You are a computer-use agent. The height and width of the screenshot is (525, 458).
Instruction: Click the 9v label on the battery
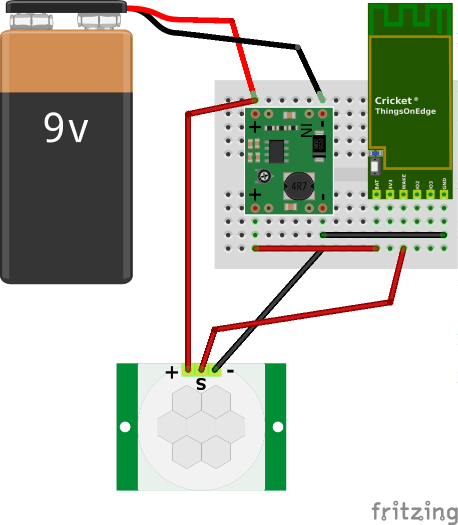coord(66,128)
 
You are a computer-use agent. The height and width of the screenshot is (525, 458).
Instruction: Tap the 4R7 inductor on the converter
coord(298,186)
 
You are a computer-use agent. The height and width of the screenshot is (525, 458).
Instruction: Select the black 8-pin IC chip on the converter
coord(276,151)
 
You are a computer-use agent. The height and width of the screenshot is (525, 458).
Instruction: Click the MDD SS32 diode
coord(319,145)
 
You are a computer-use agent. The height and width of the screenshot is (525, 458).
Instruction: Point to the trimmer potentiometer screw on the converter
coord(264,176)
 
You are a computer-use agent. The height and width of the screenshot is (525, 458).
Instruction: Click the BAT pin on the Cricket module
coord(376,193)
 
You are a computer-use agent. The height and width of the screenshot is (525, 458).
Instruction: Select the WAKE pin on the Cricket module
coord(403,193)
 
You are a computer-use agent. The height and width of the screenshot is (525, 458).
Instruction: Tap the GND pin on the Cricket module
coord(443,193)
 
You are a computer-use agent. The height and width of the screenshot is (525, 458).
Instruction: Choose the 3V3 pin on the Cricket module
coord(390,193)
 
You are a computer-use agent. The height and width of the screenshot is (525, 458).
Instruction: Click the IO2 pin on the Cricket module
coord(417,193)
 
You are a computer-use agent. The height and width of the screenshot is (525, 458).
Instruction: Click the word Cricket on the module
coord(393,100)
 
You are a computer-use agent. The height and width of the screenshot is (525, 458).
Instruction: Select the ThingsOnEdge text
coord(405,111)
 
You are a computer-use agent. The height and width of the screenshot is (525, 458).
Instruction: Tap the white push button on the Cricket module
coord(375,166)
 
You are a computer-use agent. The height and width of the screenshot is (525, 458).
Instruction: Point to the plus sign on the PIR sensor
coord(171,372)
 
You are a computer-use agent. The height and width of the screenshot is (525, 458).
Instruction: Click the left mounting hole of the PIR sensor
coord(125,427)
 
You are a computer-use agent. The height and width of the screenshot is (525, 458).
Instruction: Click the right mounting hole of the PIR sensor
coord(277,427)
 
